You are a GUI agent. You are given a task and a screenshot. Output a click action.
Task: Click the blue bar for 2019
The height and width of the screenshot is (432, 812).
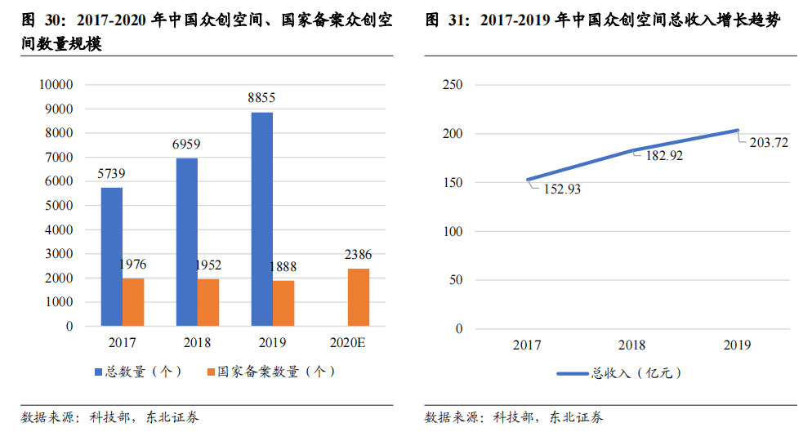(261, 219)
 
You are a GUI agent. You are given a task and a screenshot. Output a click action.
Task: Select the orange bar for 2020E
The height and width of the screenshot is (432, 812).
(358, 297)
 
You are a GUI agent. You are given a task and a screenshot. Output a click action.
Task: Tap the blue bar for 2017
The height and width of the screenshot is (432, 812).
(112, 256)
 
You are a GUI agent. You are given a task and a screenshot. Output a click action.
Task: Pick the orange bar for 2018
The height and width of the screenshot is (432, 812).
(207, 302)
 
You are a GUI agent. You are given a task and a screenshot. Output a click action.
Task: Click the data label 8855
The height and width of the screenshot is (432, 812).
(261, 98)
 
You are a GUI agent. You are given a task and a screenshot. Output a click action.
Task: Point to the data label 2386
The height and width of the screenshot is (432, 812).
(358, 255)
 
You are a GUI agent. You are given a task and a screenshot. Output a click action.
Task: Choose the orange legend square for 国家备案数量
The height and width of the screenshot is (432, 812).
(211, 372)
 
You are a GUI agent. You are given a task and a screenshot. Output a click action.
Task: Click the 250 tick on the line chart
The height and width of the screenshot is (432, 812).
(452, 84)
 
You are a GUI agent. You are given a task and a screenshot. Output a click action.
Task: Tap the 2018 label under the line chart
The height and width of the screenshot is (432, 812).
(632, 345)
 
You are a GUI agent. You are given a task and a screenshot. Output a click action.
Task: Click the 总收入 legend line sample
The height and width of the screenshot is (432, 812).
(573, 373)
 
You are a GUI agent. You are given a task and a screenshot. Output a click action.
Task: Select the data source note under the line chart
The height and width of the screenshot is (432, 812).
(515, 417)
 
